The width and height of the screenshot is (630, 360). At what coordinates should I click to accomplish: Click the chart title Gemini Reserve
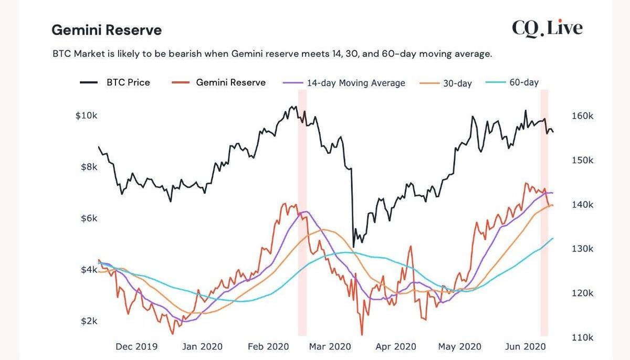click(x=107, y=30)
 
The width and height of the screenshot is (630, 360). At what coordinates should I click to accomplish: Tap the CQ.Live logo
click(x=547, y=28)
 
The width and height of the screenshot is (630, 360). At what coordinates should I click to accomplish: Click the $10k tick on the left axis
click(x=86, y=116)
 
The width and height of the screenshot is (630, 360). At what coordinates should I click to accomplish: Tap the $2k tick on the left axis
click(x=89, y=321)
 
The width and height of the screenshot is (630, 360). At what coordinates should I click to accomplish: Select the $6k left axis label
click(x=89, y=218)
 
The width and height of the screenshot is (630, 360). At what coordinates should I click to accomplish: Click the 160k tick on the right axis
click(x=582, y=116)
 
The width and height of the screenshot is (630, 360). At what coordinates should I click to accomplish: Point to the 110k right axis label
click(x=582, y=337)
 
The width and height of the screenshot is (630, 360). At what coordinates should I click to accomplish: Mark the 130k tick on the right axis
click(x=582, y=249)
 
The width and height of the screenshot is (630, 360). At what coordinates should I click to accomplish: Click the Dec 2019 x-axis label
click(x=136, y=347)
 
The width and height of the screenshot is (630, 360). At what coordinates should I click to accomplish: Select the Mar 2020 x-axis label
click(x=330, y=347)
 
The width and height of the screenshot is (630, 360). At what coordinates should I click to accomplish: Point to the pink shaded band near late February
click(x=302, y=262)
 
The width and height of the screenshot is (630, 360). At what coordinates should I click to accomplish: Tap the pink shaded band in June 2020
click(x=544, y=262)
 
